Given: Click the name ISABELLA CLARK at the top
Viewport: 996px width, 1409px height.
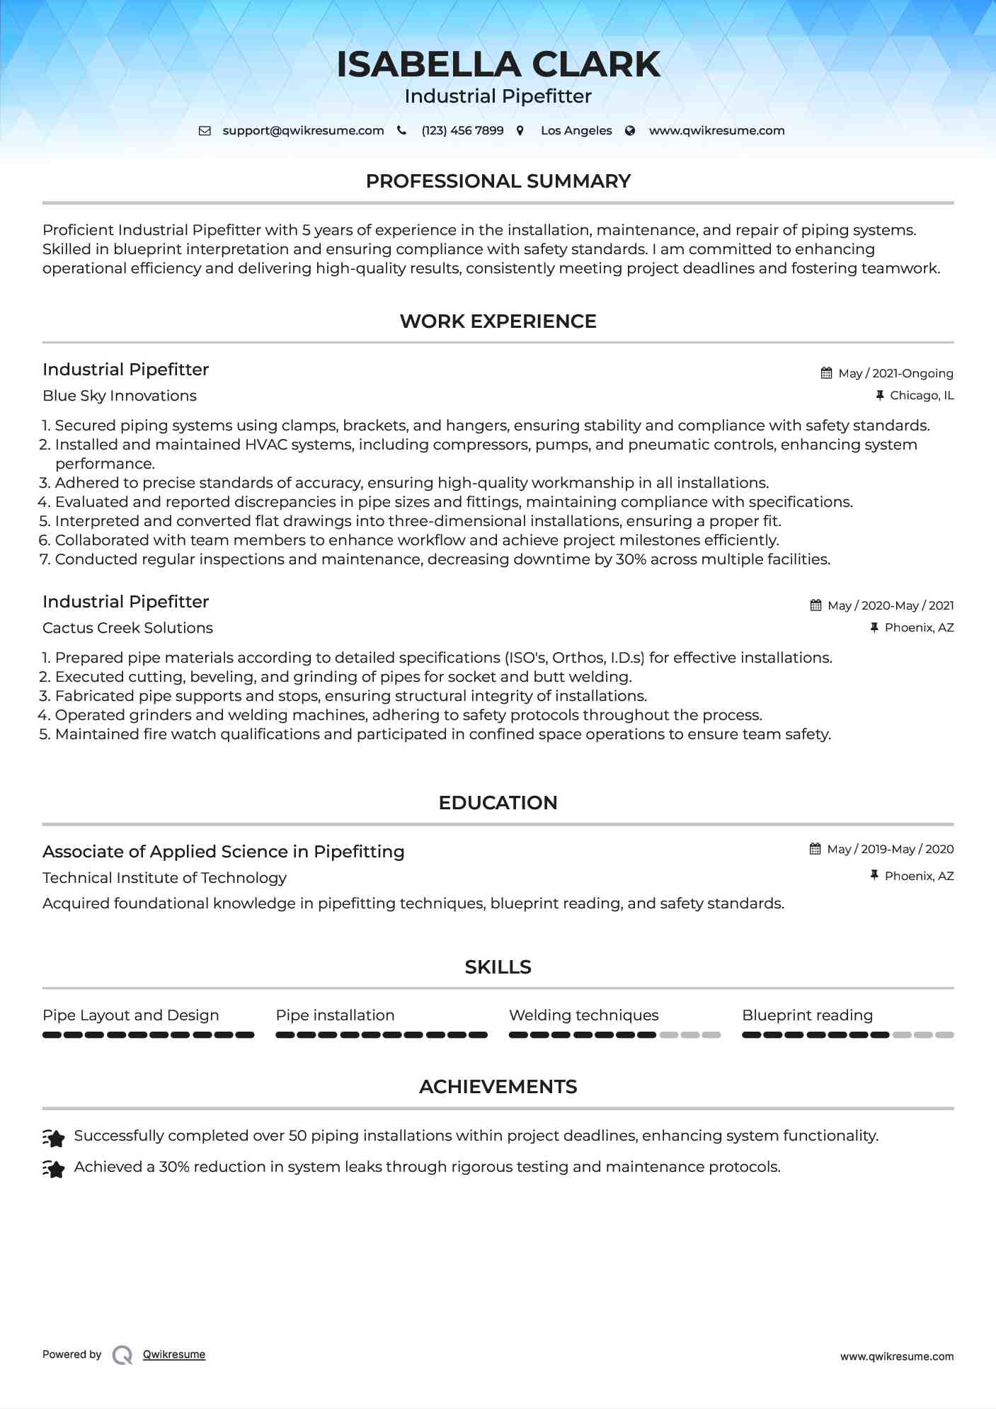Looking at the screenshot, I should [x=498, y=64].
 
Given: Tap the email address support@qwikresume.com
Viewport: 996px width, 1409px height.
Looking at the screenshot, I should [x=303, y=131].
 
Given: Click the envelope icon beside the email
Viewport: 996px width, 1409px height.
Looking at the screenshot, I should [x=205, y=131].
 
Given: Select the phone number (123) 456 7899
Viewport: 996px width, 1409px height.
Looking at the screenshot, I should [x=462, y=131].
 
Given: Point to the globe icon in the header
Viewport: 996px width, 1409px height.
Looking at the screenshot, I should [x=630, y=131].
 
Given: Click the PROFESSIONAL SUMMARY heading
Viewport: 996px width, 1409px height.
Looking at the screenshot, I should [x=498, y=181].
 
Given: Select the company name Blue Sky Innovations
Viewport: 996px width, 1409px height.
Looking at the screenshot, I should [x=120, y=396].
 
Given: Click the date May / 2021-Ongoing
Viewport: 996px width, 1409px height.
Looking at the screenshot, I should [x=895, y=374].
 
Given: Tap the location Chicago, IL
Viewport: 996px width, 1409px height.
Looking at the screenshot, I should [x=922, y=396].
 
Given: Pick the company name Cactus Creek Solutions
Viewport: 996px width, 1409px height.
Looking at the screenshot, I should [x=127, y=628].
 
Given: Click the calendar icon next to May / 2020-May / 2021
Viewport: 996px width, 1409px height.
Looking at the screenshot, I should [x=815, y=605].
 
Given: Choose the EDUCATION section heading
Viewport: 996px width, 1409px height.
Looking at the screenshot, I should [x=498, y=803].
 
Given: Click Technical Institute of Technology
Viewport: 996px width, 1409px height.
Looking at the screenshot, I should [x=164, y=878].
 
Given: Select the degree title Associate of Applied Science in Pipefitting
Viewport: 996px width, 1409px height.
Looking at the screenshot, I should [x=223, y=852].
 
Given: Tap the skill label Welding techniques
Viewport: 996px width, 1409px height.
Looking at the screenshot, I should [x=583, y=1015].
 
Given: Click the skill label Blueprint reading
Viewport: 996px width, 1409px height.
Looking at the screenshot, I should [x=807, y=1015].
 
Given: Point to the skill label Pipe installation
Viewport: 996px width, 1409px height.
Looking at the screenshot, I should [x=335, y=1015].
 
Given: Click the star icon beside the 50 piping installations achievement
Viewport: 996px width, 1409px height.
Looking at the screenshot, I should [x=54, y=1137].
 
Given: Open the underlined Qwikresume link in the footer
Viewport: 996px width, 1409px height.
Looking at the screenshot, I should [x=174, y=1354].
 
